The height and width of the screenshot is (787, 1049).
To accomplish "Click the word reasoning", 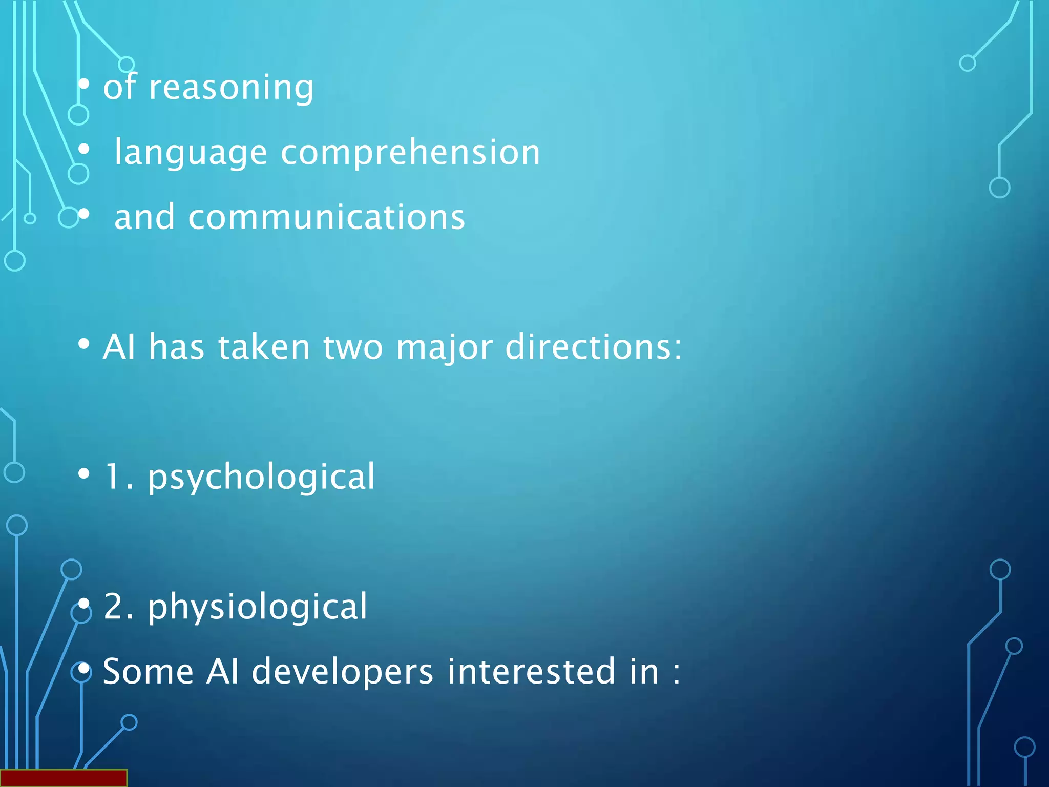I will [x=231, y=88].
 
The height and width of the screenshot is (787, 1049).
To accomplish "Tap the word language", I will [x=191, y=153].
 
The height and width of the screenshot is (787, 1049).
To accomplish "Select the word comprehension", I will [x=410, y=152].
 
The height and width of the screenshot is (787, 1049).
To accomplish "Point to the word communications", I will [x=327, y=217].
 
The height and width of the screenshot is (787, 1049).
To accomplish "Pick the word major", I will [x=444, y=348].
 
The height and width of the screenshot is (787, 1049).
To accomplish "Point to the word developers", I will [x=343, y=672].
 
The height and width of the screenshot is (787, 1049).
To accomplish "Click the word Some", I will [x=149, y=671].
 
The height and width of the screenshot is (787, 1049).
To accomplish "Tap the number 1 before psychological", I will [x=112, y=477].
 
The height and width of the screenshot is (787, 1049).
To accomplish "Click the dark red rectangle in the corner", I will [x=63, y=777].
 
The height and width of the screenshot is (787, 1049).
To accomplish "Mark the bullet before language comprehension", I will [x=84, y=150].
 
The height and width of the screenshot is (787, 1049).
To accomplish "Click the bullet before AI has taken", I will [x=84, y=344].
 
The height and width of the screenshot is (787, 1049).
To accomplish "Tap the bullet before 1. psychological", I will [x=84, y=474].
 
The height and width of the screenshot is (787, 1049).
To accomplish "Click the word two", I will [x=353, y=347].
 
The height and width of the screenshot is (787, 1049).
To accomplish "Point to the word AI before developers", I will [x=222, y=671].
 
